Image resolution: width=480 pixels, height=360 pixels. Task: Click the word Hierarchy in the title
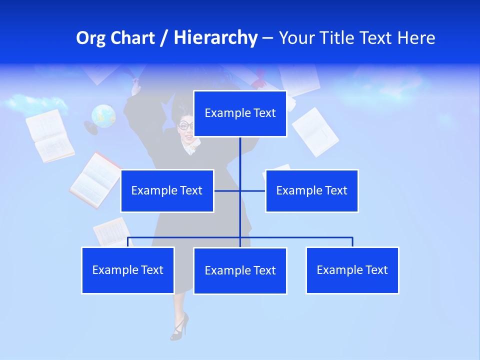[215, 38]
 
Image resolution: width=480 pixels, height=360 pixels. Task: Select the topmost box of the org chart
[240, 113]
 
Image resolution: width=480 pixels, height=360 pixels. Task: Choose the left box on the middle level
[167, 190]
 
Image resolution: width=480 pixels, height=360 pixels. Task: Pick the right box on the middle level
[311, 190]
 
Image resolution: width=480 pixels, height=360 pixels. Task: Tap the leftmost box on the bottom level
[128, 270]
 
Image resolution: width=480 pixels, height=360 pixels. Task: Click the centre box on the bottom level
[240, 270]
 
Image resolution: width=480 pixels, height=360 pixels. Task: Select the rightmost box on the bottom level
[352, 270]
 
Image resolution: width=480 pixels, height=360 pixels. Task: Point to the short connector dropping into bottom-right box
[352, 242]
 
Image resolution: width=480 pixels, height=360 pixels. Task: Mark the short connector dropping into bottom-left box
[128, 242]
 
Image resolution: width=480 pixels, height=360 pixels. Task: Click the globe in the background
[103, 116]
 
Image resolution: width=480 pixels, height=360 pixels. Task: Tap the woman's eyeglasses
[185, 125]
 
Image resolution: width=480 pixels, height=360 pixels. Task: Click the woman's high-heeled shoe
[179, 326]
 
